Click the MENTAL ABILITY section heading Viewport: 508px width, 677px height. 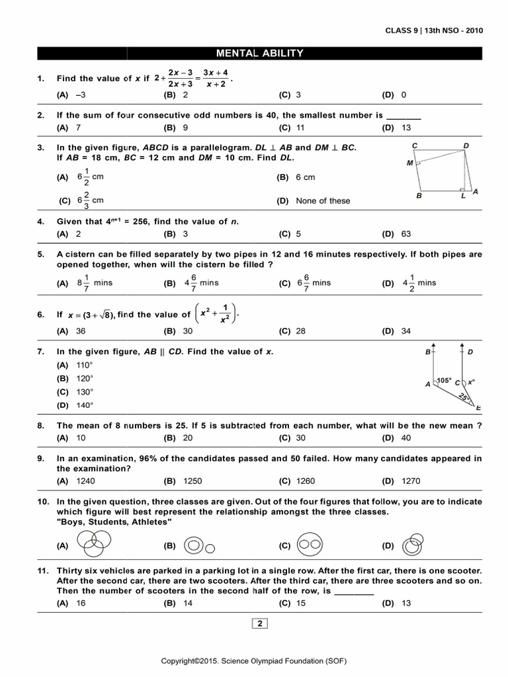tap(261, 54)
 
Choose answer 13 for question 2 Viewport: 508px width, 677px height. tap(405, 127)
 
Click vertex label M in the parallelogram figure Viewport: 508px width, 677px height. tap(410, 162)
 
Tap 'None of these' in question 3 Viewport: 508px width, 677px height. tap(323, 200)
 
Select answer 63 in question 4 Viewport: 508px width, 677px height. tap(405, 233)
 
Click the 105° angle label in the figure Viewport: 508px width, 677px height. tap(444, 380)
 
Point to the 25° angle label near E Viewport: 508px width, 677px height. tap(464, 397)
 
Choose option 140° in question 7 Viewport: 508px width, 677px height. tap(85, 405)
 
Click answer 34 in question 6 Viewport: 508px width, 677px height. tap(405, 331)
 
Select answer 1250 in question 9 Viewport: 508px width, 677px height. tap(192, 481)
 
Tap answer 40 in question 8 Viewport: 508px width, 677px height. tap(405, 438)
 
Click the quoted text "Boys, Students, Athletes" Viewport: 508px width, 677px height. tap(114, 522)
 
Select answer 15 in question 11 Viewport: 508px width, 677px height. tap(301, 603)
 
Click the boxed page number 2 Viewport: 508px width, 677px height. tap(260, 623)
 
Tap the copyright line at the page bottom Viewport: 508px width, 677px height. tap(255, 661)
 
